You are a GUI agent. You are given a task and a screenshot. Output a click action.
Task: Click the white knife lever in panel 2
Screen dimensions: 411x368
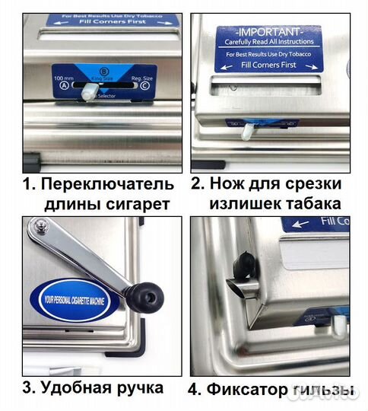pyautogui.click(x=247, y=130)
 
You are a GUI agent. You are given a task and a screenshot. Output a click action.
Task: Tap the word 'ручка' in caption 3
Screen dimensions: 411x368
pyautogui.click(x=140, y=387)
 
